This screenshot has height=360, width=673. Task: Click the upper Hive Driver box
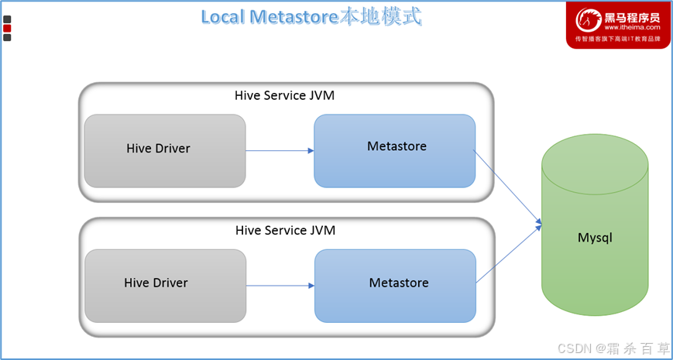click(x=165, y=151)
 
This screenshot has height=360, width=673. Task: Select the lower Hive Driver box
click(x=166, y=286)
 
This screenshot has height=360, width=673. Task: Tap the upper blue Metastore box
click(x=394, y=151)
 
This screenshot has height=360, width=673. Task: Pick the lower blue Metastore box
click(x=395, y=286)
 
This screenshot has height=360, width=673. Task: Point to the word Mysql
click(x=595, y=237)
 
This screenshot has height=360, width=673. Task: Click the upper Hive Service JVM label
click(x=284, y=95)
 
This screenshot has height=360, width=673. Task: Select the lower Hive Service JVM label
click(x=286, y=231)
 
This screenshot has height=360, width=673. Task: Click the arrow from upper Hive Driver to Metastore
click(x=280, y=151)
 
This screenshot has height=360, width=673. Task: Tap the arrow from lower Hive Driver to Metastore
click(x=280, y=286)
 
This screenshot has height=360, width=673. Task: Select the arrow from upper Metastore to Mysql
click(x=507, y=187)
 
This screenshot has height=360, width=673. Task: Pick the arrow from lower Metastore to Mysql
click(x=509, y=254)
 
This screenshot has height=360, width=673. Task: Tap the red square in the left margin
click(x=7, y=29)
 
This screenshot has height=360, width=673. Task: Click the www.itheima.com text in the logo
click(x=632, y=27)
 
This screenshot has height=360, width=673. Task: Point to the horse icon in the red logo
click(x=589, y=20)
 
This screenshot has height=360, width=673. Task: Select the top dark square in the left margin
click(x=7, y=19)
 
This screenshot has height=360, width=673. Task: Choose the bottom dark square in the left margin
click(x=7, y=37)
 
